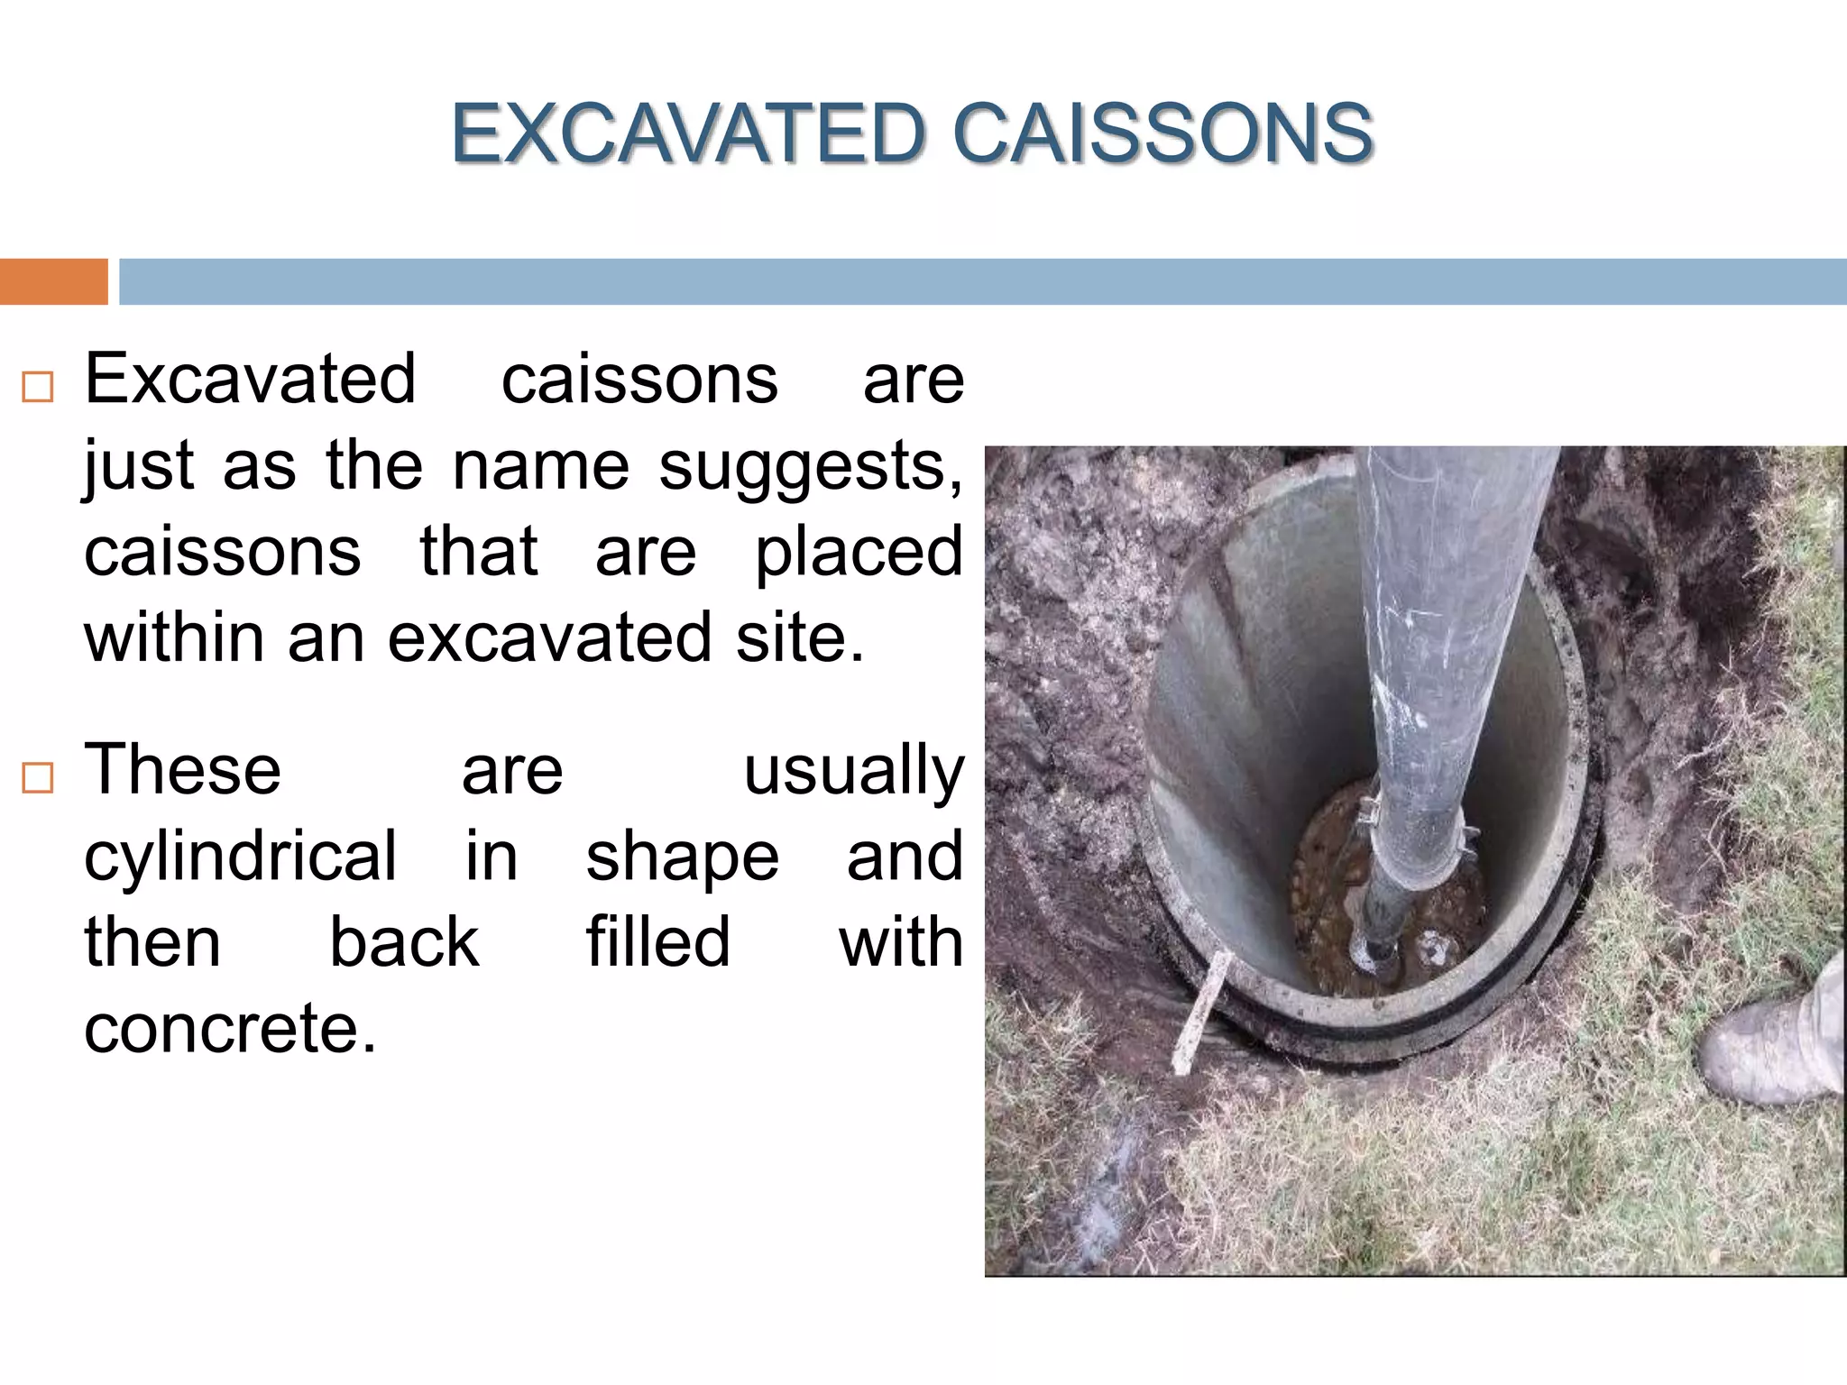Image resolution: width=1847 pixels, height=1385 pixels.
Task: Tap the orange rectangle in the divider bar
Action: click(53, 281)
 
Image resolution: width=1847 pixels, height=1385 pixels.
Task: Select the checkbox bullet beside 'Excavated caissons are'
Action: click(38, 387)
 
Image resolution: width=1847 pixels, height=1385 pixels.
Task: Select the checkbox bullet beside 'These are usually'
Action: click(38, 776)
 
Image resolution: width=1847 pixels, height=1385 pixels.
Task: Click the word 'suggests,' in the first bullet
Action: click(810, 467)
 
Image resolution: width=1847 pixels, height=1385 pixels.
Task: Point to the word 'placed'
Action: click(859, 552)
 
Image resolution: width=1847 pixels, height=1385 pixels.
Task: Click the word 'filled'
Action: click(658, 942)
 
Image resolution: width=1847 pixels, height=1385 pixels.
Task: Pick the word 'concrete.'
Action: click(230, 1028)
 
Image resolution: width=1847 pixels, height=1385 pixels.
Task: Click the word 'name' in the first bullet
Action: click(540, 467)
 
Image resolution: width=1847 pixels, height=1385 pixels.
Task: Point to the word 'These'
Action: click(182, 770)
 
